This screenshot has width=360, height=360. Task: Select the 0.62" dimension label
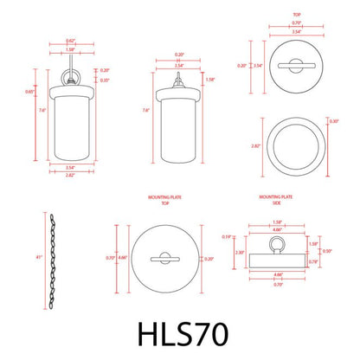tap(69, 41)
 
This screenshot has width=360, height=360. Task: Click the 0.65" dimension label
tap(30, 92)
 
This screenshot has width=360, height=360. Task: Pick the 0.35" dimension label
tap(105, 80)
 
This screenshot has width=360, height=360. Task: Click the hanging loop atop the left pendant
tap(68, 74)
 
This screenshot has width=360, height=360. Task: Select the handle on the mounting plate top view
tap(164, 258)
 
